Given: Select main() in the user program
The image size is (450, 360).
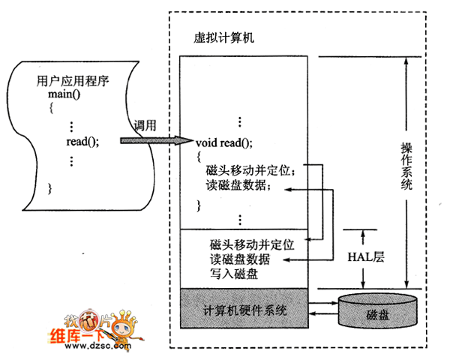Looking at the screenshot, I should [x=63, y=94].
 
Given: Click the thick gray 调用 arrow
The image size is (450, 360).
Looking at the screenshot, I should [x=156, y=140].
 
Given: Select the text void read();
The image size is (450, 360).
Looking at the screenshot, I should [x=223, y=141].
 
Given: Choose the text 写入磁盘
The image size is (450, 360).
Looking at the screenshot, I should [x=235, y=274].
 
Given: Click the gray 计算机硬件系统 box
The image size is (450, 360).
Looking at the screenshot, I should [x=244, y=310].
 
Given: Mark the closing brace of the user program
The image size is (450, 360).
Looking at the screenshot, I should [x=49, y=187].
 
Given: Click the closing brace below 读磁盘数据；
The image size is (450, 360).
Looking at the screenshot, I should [x=199, y=203].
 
